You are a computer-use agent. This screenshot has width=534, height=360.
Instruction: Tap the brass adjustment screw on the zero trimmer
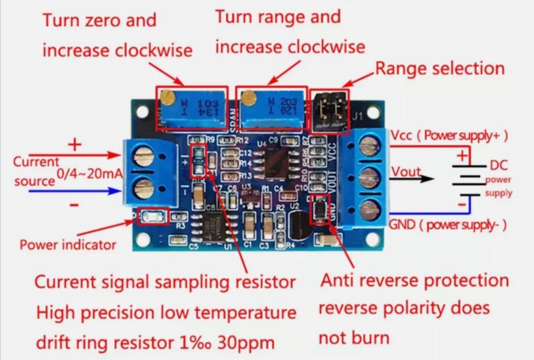point(169,94)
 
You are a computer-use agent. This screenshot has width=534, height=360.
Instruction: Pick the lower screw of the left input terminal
point(143,187)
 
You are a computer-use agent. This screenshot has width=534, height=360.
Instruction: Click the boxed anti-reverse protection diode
point(319,210)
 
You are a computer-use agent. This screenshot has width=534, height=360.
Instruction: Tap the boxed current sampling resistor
point(198,161)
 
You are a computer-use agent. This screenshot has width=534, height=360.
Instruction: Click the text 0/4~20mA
point(86,174)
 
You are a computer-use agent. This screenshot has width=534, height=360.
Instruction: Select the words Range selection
point(440,68)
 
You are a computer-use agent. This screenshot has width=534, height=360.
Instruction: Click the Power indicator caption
point(68,244)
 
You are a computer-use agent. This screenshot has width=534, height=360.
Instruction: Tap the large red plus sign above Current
point(75,145)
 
